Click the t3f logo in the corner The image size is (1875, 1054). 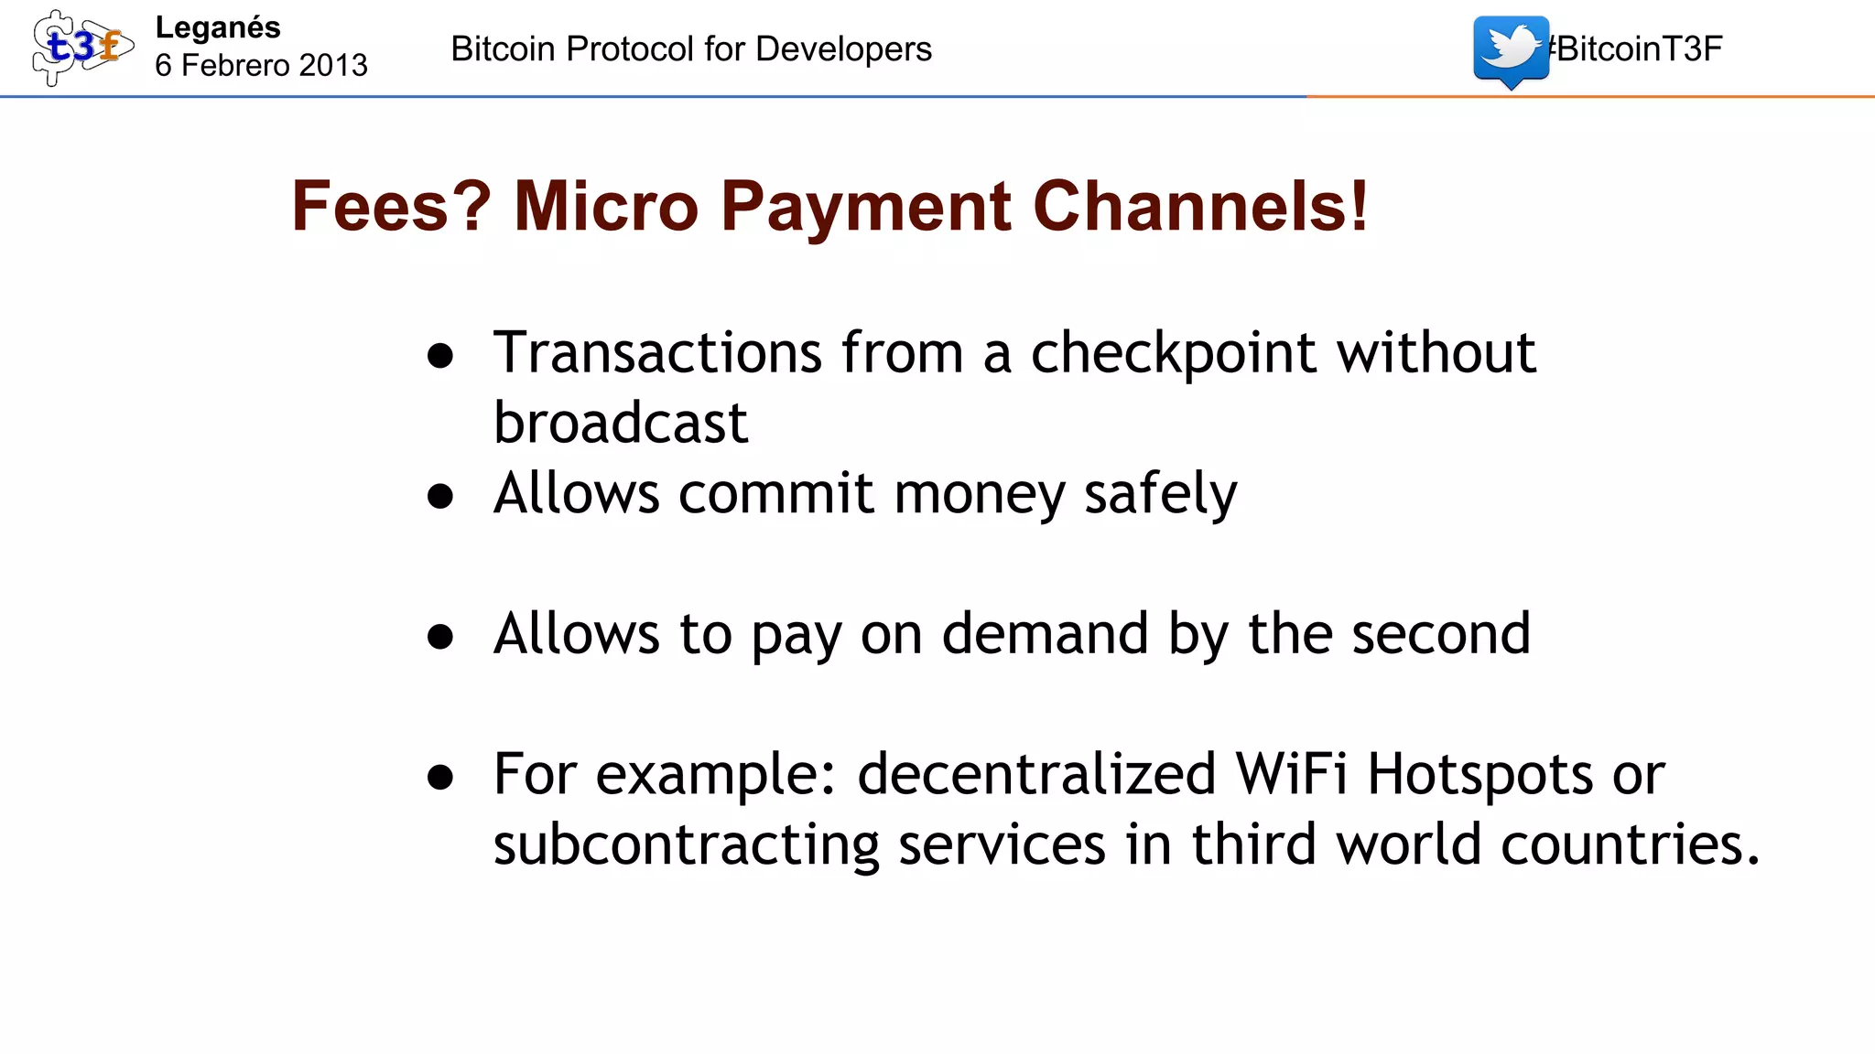pos(81,48)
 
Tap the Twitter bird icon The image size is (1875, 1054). pos(1511,49)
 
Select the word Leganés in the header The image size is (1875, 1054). pos(218,27)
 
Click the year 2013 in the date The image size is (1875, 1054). pos(332,65)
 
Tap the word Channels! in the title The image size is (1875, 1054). pos(1200,206)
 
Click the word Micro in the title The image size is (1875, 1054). pos(606,206)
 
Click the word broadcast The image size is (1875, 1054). pos(621,423)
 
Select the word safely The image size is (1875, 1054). pos(1160,494)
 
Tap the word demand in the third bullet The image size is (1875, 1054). pos(1045,633)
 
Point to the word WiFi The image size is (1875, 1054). pos(1292,774)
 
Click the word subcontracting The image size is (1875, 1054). pos(686,844)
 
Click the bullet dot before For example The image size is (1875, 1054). pos(440,777)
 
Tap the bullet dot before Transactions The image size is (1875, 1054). pos(440,356)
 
